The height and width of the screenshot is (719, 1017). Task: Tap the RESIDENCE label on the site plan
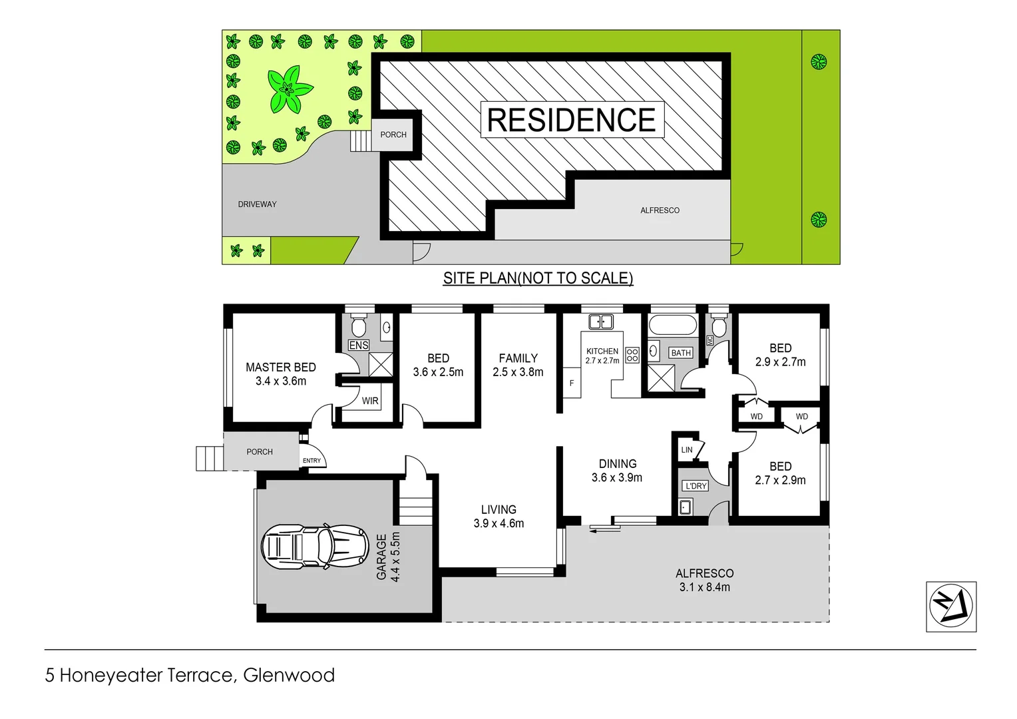click(x=571, y=120)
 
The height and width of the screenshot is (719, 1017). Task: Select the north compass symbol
click(x=950, y=606)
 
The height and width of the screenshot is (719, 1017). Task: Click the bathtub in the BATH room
click(x=672, y=326)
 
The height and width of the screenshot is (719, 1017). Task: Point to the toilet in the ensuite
click(x=359, y=327)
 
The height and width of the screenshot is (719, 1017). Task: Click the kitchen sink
click(x=600, y=322)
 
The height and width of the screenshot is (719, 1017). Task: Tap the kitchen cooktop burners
click(x=632, y=355)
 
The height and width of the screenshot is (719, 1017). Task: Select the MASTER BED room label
click(x=281, y=367)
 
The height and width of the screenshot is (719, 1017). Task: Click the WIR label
click(x=370, y=401)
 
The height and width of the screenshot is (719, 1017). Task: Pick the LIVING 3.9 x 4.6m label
click(x=499, y=517)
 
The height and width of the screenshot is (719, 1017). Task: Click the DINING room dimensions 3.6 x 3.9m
click(x=617, y=478)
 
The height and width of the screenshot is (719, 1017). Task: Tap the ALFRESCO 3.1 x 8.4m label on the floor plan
click(x=704, y=580)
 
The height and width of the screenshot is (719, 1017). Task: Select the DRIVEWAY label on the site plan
click(x=257, y=204)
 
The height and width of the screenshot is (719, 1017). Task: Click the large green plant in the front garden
click(x=289, y=89)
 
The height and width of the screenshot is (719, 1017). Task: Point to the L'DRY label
click(x=696, y=486)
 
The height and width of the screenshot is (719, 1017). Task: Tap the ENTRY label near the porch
click(x=311, y=461)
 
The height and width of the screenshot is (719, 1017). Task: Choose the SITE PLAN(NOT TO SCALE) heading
click(x=538, y=278)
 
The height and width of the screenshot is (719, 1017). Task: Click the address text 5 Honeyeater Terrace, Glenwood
click(x=190, y=675)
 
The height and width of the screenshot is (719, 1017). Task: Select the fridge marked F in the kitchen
click(x=572, y=383)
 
